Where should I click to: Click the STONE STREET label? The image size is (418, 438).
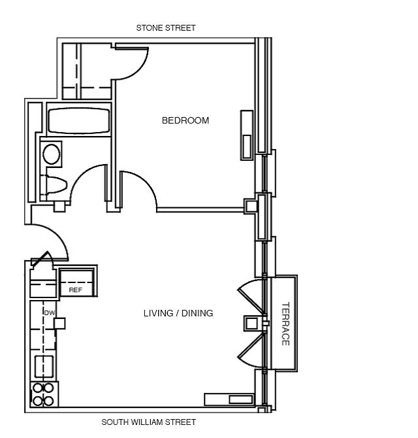click(x=165, y=28)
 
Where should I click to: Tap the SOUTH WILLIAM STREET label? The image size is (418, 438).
click(x=148, y=422)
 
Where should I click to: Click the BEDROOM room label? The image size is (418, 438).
click(x=185, y=120)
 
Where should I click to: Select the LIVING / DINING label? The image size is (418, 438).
click(x=178, y=313)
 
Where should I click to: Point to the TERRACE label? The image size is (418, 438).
click(x=285, y=324)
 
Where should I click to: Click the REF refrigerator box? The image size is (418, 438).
click(x=76, y=289)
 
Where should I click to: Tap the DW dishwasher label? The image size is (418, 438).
click(x=48, y=312)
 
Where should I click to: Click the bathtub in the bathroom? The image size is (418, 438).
click(x=78, y=120)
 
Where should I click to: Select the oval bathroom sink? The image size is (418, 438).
click(x=52, y=154)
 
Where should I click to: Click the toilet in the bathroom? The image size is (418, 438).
click(x=54, y=186)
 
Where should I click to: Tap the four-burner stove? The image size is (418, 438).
click(x=43, y=394)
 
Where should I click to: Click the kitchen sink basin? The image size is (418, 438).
click(x=43, y=365)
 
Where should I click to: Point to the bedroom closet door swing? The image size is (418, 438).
click(x=130, y=62)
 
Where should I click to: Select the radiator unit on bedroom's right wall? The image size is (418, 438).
click(x=247, y=133)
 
